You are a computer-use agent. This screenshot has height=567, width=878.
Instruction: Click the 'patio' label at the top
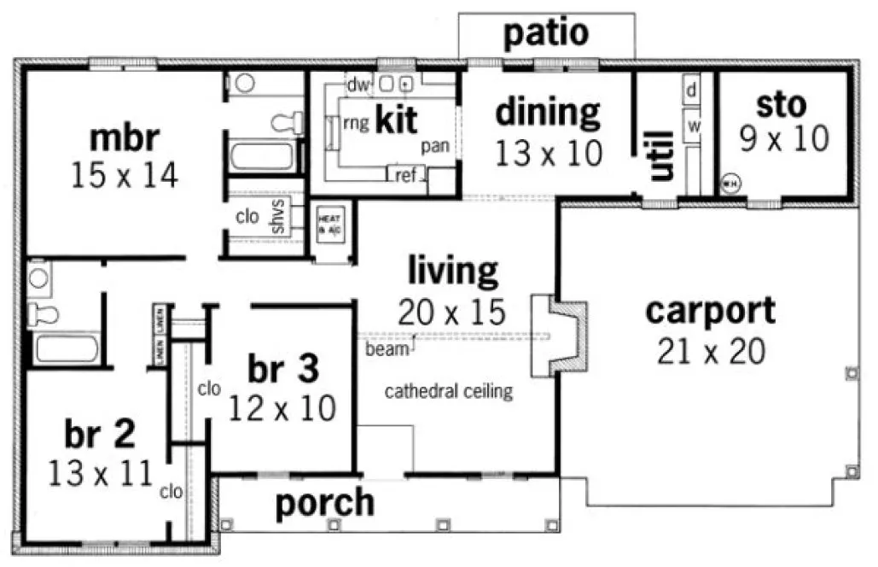546,33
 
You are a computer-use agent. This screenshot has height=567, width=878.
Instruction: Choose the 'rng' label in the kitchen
356,123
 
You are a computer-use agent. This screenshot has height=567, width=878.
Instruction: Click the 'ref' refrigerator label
405,176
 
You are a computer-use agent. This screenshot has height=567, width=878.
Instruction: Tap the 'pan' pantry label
435,147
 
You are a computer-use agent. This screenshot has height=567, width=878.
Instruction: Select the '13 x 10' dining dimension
549,154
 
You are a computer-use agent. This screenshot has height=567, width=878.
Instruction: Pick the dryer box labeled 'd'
692,89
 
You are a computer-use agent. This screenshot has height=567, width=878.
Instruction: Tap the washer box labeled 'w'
693,126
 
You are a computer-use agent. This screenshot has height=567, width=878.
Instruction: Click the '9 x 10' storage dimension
783,139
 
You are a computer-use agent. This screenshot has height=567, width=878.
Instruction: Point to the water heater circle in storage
730,183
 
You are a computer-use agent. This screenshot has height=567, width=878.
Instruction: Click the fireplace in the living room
557,336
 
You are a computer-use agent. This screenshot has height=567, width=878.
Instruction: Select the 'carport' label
710,311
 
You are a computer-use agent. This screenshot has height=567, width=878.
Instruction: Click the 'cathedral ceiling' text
448,392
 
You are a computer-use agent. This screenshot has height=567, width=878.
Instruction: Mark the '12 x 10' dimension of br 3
282,408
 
